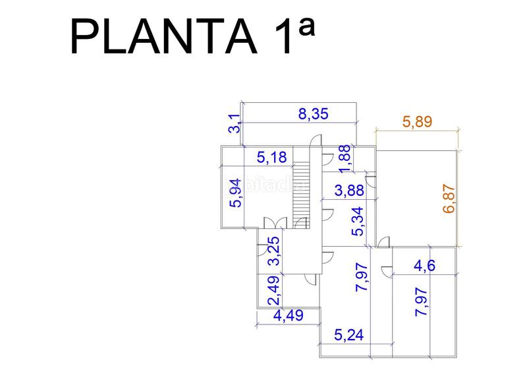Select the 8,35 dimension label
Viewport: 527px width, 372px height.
314,113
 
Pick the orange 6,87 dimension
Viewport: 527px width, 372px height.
449,198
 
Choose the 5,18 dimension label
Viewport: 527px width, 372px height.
272,157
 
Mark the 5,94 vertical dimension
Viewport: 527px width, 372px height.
235,193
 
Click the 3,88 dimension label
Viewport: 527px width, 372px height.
349,191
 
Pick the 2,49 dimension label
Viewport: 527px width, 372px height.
272,291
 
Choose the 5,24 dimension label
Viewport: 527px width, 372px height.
350,334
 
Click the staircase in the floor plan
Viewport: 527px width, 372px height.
301,191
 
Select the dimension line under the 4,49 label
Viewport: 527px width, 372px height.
288,325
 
